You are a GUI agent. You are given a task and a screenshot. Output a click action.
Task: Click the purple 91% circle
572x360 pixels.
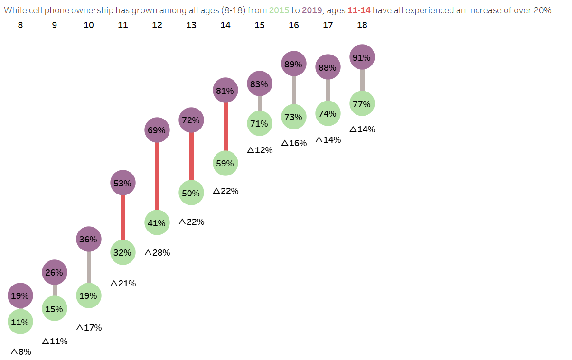coord(362,57)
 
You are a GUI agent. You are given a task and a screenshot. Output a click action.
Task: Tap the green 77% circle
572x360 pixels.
coord(362,103)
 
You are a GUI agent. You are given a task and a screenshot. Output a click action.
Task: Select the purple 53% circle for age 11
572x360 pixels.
coord(123,183)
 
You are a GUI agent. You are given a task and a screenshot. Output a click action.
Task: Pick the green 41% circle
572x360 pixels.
coord(157,222)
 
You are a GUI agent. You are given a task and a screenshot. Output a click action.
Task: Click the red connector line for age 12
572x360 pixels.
coord(157,176)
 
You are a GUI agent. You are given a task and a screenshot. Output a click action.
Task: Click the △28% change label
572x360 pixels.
coord(157,253)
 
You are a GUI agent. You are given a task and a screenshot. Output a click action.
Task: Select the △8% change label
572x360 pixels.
coord(20,352)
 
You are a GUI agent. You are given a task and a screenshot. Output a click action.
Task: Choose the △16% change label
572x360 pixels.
coord(294,143)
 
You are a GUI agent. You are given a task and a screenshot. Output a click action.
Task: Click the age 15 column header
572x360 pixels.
coord(260,25)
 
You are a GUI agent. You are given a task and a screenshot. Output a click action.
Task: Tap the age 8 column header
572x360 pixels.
coord(20,25)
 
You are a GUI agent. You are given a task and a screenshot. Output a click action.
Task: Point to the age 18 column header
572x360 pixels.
coord(362,25)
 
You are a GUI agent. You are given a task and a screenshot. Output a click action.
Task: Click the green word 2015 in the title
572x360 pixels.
coord(279,10)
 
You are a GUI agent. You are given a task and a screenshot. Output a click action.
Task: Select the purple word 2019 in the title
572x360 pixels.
coord(312,10)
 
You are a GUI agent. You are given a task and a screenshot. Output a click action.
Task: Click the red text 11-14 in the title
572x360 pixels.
coord(359,10)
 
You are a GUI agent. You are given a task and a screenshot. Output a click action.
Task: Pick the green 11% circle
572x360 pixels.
coord(20,322)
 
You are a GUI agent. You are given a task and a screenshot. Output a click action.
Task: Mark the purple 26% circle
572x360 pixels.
coord(55,272)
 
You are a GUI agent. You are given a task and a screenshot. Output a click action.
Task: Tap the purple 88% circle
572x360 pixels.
coord(328,67)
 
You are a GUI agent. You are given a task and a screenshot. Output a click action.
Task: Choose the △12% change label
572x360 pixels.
coord(260,150)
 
